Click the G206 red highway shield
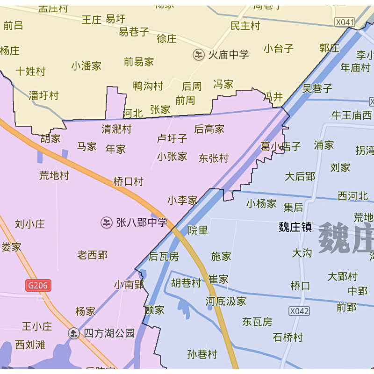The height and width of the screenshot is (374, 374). (38, 286)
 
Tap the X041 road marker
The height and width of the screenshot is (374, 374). (345, 22)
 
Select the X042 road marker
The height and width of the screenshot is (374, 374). (299, 311)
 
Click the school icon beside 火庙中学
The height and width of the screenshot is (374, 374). (199, 55)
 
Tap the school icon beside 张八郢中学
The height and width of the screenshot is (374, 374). (107, 223)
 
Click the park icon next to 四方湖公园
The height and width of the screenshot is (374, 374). (73, 333)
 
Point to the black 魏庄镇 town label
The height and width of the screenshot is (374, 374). (295, 227)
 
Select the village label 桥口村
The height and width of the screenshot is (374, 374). (128, 182)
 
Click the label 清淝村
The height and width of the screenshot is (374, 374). (117, 129)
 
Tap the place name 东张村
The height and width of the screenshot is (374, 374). (214, 158)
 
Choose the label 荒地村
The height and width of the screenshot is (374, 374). (54, 175)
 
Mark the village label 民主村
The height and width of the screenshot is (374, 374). (245, 26)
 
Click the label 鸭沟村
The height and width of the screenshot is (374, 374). (148, 86)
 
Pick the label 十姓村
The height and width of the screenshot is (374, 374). (30, 72)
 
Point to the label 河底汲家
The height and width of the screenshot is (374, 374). (226, 301)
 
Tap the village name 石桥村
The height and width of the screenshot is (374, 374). (288, 337)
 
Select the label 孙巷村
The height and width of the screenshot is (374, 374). (202, 354)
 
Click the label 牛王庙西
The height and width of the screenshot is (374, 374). (352, 115)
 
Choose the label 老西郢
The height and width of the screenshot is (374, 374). (92, 255)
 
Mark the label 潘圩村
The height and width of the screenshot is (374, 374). (43, 96)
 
